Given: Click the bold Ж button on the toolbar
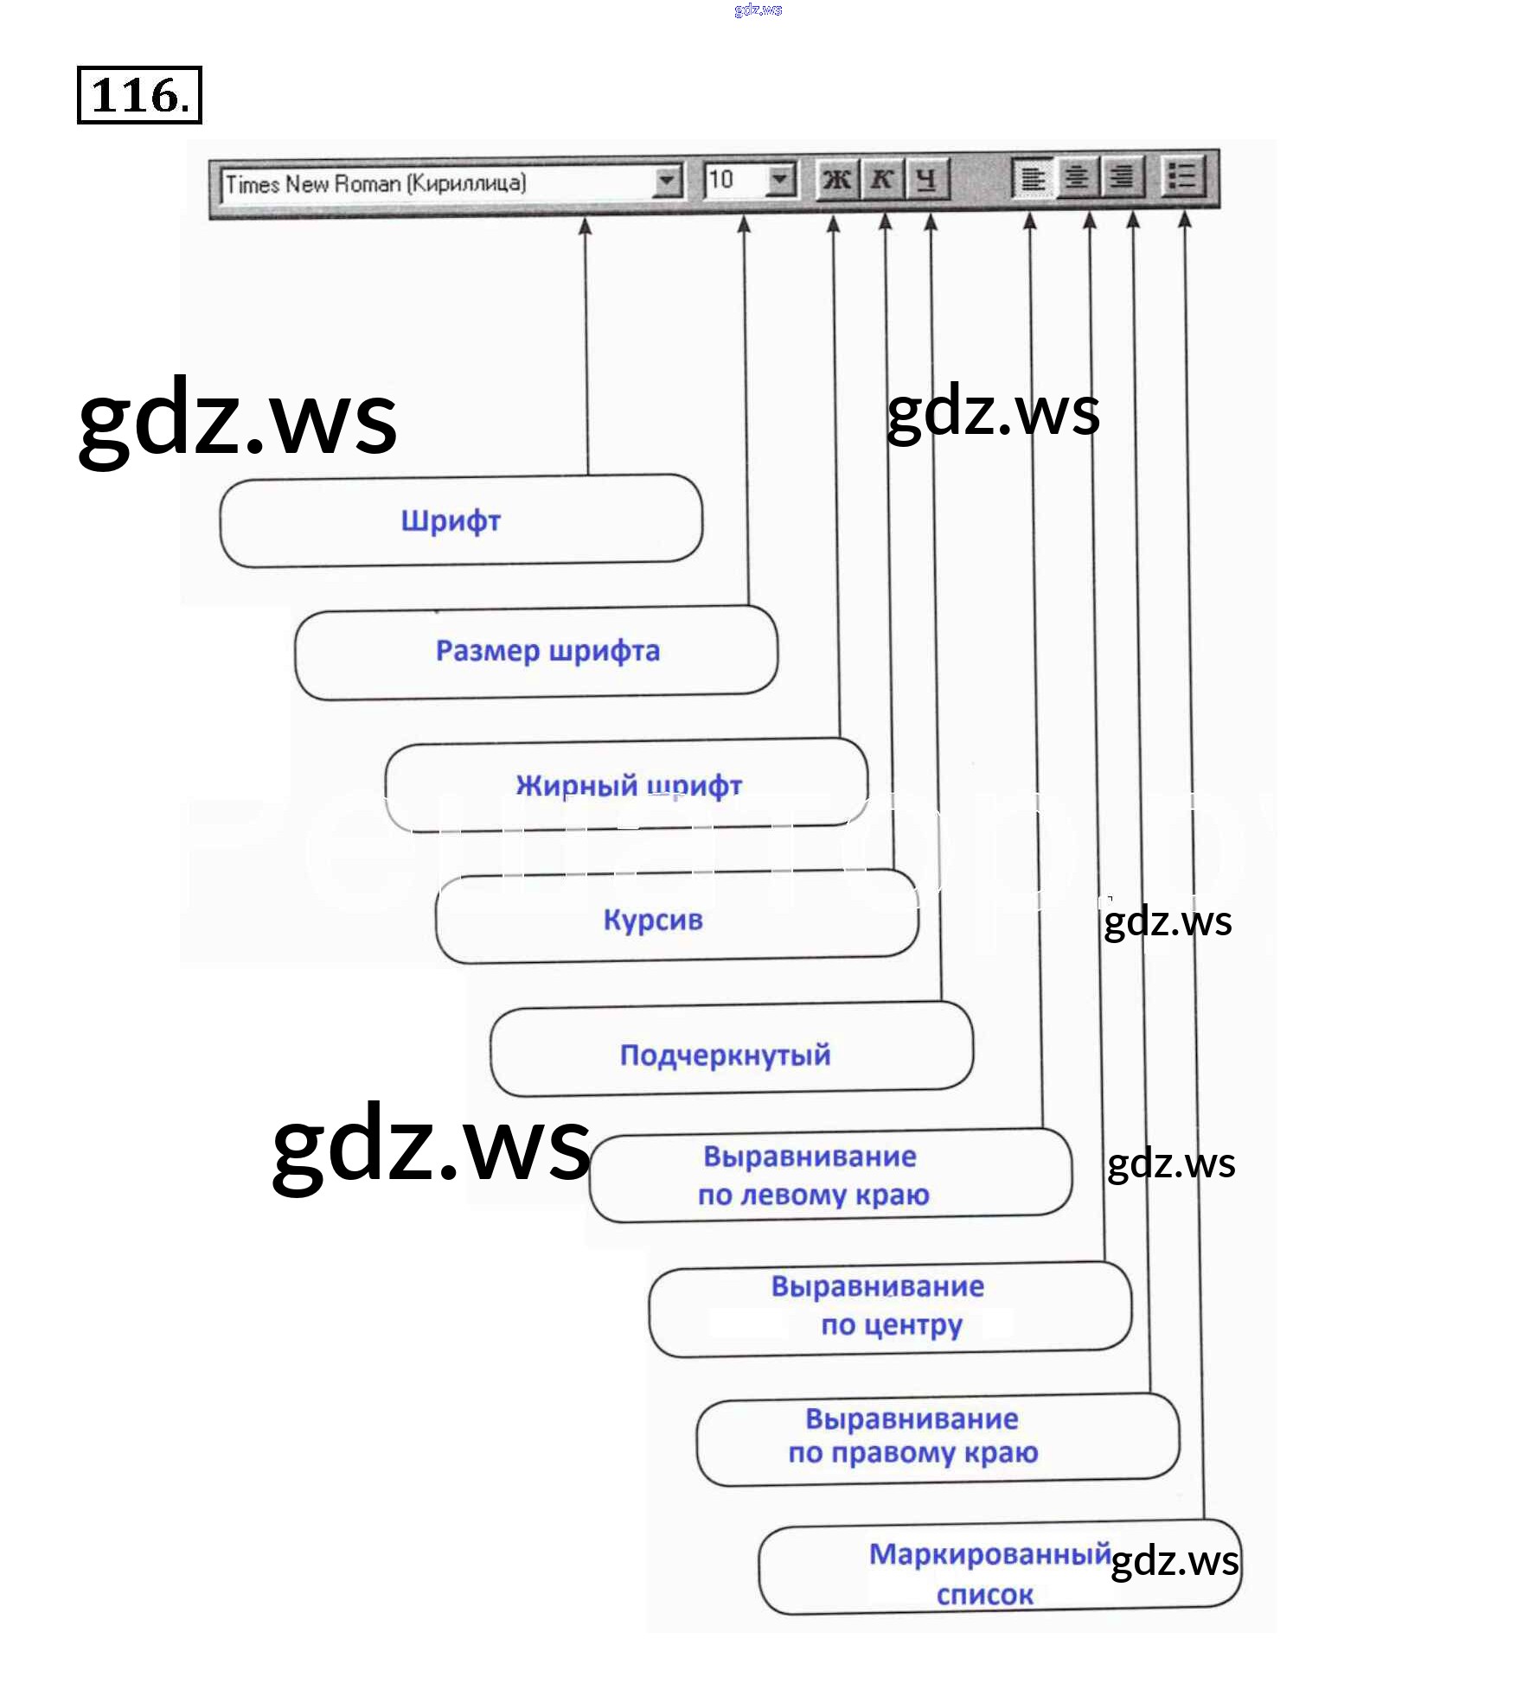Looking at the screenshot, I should [836, 179].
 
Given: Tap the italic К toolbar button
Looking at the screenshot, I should [882, 179].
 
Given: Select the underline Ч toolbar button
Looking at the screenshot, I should [926, 179].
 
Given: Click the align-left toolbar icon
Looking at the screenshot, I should [1033, 178].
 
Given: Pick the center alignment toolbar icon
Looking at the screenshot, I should [1077, 177].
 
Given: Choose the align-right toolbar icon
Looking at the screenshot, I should [1122, 177].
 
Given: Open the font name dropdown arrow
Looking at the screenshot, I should [666, 182].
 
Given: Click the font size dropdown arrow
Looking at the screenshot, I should [780, 180].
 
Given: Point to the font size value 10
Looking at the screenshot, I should [720, 180].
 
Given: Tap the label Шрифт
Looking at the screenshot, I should [451, 521].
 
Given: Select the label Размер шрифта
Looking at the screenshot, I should [547, 651].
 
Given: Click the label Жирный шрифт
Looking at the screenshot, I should [629, 785].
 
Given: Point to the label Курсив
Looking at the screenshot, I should [653, 920].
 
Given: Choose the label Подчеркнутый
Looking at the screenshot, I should [725, 1055].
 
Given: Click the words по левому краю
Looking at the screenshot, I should [813, 1195].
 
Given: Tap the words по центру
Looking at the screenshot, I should [891, 1325].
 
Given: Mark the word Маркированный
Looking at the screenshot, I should [989, 1554].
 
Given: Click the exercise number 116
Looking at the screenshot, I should [139, 95].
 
